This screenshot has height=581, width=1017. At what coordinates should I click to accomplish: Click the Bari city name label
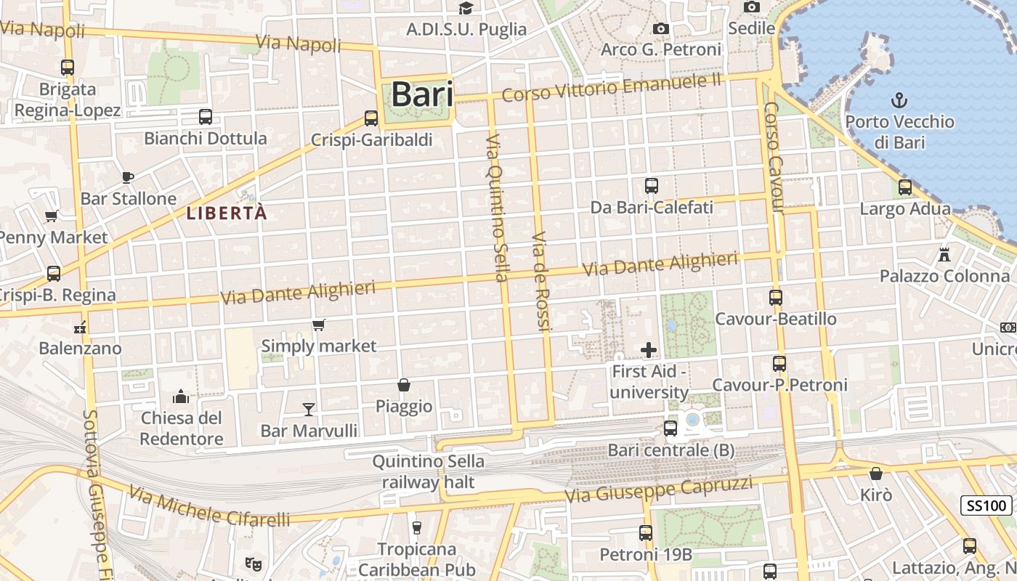click(422, 95)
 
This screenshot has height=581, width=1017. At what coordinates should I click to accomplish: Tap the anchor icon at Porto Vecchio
click(900, 99)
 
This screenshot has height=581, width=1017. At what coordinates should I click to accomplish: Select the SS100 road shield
click(987, 506)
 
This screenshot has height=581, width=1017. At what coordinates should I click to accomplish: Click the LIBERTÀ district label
click(227, 214)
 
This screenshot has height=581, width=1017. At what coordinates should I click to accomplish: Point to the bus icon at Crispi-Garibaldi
click(371, 118)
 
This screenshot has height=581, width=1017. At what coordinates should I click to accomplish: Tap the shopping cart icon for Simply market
click(318, 325)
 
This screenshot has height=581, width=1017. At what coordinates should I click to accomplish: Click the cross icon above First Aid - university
click(649, 351)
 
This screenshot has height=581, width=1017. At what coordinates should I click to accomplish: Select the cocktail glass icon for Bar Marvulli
click(309, 410)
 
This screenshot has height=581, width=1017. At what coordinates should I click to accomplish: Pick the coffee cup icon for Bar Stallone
click(128, 177)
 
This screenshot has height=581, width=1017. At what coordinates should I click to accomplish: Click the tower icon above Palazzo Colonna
click(944, 254)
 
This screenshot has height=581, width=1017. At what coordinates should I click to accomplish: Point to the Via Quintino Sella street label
click(496, 208)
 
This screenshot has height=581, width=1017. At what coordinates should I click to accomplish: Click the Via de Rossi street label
click(542, 282)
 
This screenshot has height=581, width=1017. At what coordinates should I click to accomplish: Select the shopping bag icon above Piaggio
click(404, 385)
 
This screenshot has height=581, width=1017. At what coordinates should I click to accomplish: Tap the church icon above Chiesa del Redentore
click(181, 397)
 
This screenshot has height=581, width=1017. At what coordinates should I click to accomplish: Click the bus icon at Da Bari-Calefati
click(652, 186)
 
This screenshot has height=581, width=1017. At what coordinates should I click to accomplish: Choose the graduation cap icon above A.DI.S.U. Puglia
click(466, 8)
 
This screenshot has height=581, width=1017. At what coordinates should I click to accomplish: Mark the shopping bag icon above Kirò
click(876, 474)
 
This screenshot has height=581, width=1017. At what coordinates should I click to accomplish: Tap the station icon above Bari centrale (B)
click(670, 428)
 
